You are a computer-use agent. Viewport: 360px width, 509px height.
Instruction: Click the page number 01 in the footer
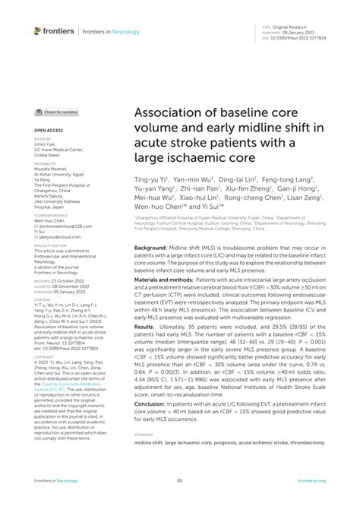[x=180, y=480]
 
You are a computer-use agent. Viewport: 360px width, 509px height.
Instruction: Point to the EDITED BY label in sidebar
[x=43, y=141]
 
